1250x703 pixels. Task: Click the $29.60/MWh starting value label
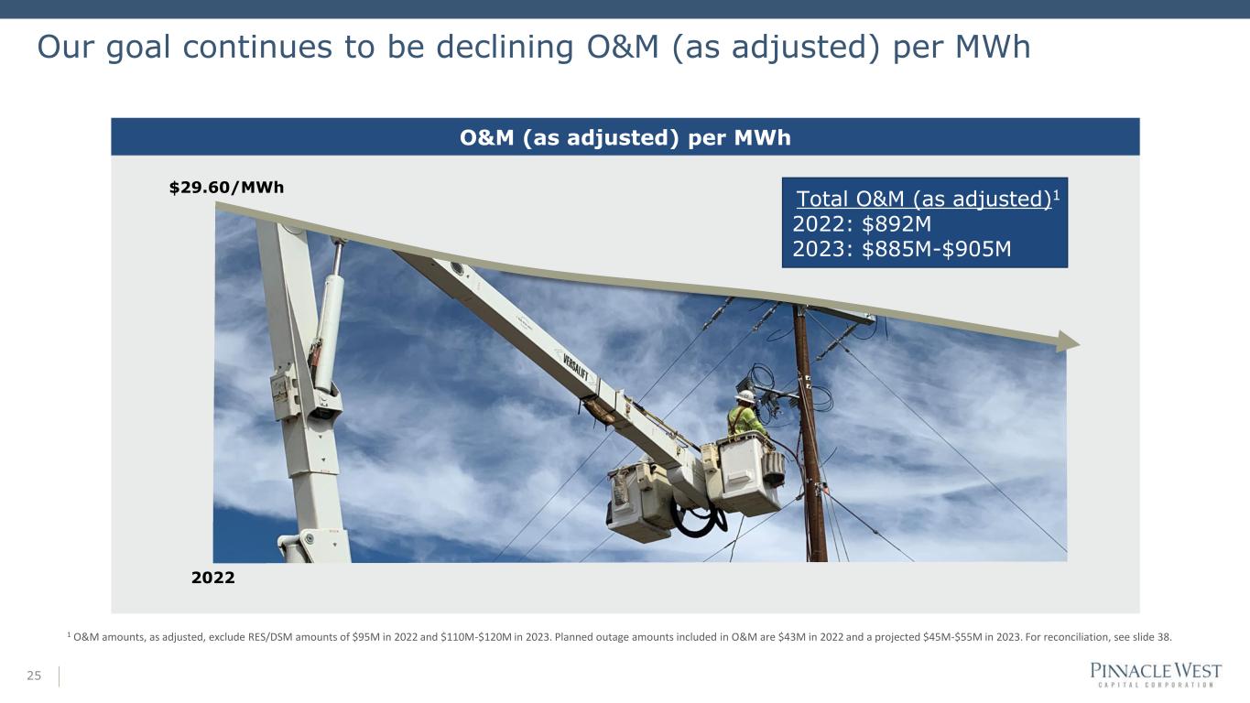coord(226,188)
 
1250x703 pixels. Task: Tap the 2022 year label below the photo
coord(213,578)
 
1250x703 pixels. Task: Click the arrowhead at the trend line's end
coord(1068,341)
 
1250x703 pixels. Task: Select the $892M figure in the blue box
coord(897,223)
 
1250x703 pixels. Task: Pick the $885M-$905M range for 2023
coord(937,249)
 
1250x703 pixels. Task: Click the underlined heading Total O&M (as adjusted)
coord(924,200)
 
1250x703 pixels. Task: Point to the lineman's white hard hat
coord(745,396)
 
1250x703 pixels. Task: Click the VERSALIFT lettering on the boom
coord(575,367)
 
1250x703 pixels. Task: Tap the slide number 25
coord(34,676)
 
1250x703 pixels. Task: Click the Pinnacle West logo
coord(1156,674)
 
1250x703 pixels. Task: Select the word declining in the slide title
coord(505,47)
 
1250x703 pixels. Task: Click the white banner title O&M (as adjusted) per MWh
coord(625,138)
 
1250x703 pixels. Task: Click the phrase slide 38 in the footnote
coord(1151,637)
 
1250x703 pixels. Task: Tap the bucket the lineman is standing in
coord(746,473)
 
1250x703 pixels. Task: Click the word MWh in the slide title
coord(993,47)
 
